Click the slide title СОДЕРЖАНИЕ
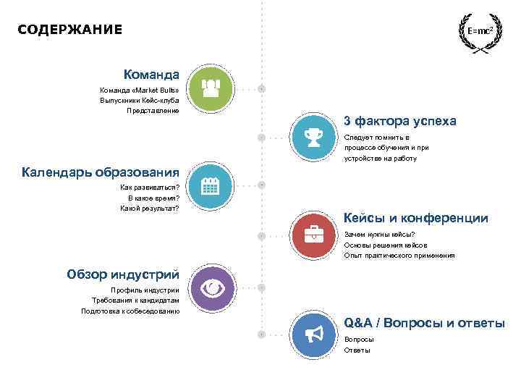pos(70,30)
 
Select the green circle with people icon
pos(211,89)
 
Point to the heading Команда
pos(151,75)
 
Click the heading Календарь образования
pos(101,172)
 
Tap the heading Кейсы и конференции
pos(415,218)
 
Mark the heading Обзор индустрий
pos(123,274)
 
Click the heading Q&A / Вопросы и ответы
pos(424,323)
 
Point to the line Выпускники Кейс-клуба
pos(139,101)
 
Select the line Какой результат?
pos(150,209)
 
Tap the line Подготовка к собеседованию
pos(130,311)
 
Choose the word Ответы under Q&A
pos(357,350)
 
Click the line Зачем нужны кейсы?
pos(380,234)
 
